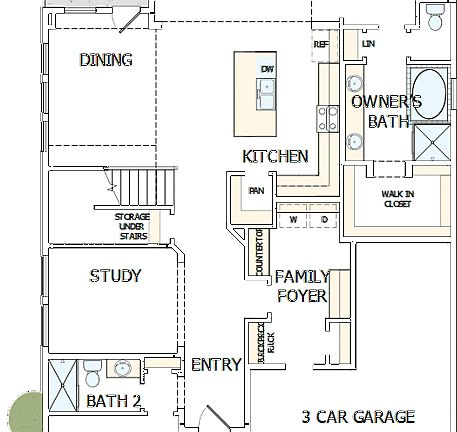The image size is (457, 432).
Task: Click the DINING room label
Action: pyautogui.click(x=106, y=60)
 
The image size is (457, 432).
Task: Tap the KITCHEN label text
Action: pyautogui.click(x=275, y=157)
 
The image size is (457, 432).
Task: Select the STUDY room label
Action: pyautogui.click(x=115, y=276)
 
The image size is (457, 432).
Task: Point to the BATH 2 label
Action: pyautogui.click(x=113, y=402)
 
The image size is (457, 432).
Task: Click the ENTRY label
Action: pyautogui.click(x=216, y=365)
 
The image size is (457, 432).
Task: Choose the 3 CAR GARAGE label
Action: pyautogui.click(x=358, y=416)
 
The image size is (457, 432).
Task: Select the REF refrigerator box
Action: pyautogui.click(x=321, y=45)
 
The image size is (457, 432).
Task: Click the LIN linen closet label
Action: pyautogui.click(x=368, y=45)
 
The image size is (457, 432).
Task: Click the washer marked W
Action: pyautogui.click(x=294, y=219)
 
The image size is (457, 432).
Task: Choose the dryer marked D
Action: pyautogui.click(x=324, y=219)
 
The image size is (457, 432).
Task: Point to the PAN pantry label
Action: pyautogui.click(x=255, y=189)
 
